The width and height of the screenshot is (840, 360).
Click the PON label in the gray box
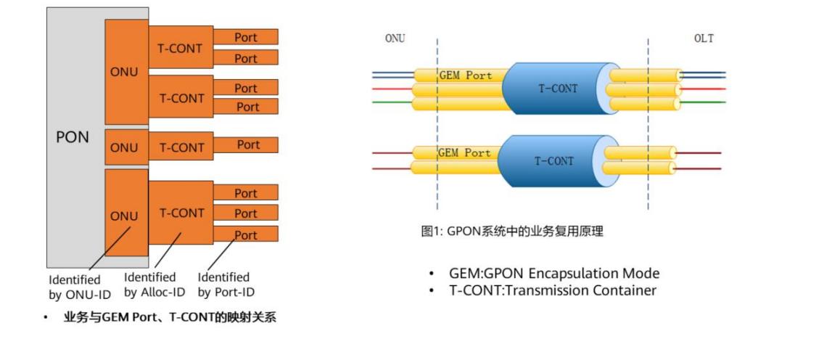click(73, 136)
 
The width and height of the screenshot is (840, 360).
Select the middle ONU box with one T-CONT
click(124, 147)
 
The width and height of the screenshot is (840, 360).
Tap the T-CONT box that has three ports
click(181, 213)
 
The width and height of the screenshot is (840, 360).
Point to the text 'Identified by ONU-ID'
click(75, 286)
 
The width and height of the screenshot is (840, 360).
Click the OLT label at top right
click(703, 38)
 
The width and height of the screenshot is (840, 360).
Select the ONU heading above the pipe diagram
click(395, 38)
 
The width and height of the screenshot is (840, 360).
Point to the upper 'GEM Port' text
click(465, 75)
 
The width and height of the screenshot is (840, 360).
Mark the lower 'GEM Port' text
click(464, 153)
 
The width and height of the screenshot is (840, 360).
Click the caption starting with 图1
click(512, 232)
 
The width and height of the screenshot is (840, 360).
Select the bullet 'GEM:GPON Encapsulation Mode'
click(554, 274)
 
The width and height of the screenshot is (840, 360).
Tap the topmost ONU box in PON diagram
click(124, 72)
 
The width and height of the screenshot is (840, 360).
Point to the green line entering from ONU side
click(392, 102)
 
